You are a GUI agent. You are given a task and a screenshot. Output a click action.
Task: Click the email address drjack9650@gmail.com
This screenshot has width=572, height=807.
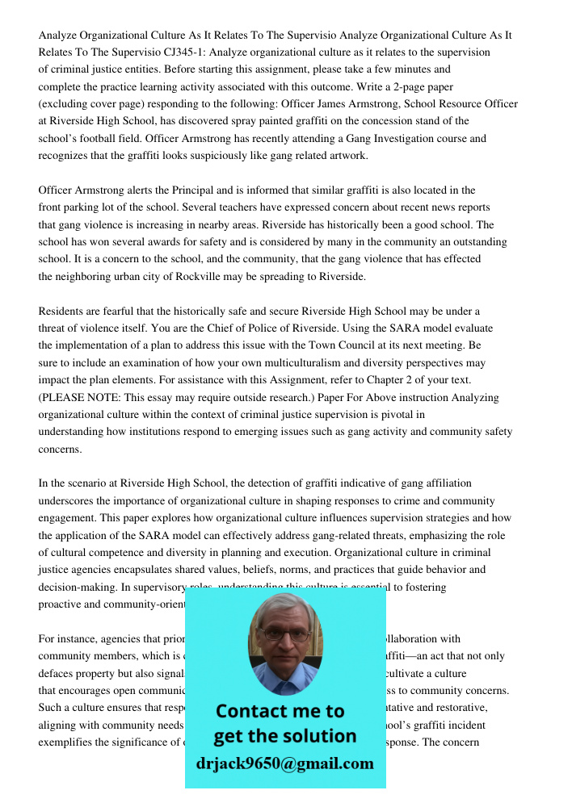point(284,763)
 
